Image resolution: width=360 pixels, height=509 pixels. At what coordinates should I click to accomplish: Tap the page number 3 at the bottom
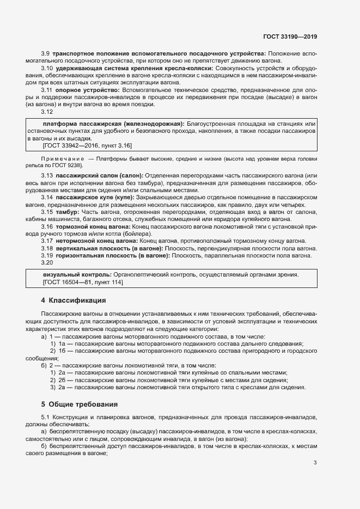315,463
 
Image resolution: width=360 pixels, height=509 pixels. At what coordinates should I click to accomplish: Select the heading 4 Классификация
74,301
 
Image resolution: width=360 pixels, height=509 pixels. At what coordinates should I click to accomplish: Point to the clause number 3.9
46,53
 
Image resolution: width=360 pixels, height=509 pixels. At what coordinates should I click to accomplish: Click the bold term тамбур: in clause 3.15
68,211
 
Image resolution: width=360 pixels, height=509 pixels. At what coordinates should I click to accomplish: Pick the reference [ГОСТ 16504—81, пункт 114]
83,282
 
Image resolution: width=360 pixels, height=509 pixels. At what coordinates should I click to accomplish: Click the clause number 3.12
47,112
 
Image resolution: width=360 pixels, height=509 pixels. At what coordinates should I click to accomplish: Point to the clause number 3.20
47,263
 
